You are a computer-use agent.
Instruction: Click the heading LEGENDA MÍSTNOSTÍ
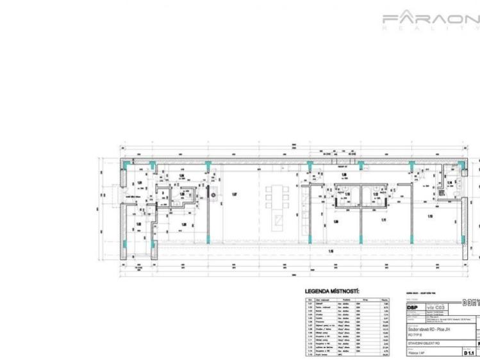pyautogui.click(x=332, y=291)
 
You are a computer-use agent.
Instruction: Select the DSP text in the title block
pyautogui.click(x=414, y=307)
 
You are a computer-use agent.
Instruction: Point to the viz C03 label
pyautogui.click(x=435, y=307)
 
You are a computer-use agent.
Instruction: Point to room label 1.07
pyautogui.click(x=234, y=195)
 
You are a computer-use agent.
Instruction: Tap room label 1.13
pyautogui.click(x=430, y=216)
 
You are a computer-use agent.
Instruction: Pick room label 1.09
pyautogui.click(x=336, y=222)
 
